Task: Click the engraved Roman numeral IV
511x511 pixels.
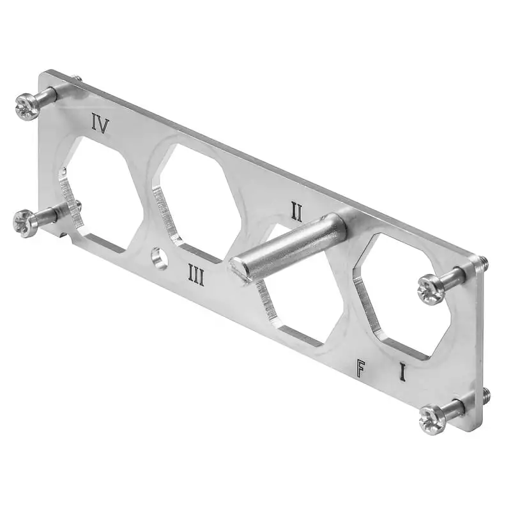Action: tap(100, 123)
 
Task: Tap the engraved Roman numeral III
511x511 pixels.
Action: tap(195, 276)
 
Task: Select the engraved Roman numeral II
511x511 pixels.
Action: tap(296, 211)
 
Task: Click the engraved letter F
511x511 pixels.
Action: tap(362, 368)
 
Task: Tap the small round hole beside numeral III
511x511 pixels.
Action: tap(159, 259)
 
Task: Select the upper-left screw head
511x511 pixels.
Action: tap(27, 107)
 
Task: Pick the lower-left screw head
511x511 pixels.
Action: tap(26, 222)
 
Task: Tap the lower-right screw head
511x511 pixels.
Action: tap(432, 420)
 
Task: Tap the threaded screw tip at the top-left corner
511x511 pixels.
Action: tap(77, 79)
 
